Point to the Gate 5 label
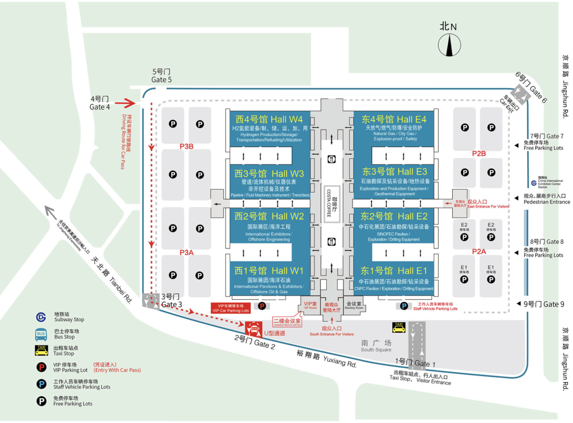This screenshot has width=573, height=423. pos(162,76)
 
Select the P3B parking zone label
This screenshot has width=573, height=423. pos(186,147)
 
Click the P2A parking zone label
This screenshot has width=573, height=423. pos(478,251)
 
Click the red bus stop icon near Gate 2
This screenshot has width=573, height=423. pos(253,327)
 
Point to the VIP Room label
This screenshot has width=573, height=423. pos(310,305)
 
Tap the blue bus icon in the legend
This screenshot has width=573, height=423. pos(41,334)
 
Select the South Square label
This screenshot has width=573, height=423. pos(376,346)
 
